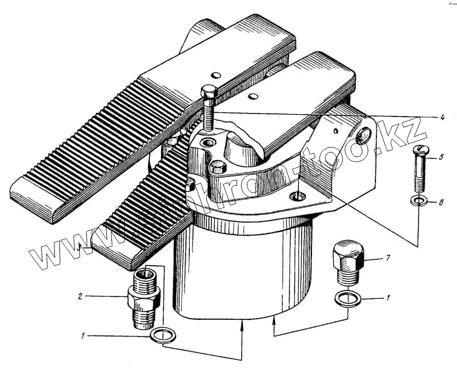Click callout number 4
pyautogui.click(x=442, y=117)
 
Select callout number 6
pyautogui.click(x=441, y=203)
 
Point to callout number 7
pyautogui.click(x=387, y=259)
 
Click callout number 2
pyautogui.click(x=81, y=296)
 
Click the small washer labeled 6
pyautogui.click(x=419, y=200)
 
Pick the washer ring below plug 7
pyautogui.click(x=345, y=298)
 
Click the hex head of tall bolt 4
pyautogui.click(x=208, y=91)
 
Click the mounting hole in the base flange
pyautogui.click(x=297, y=196)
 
